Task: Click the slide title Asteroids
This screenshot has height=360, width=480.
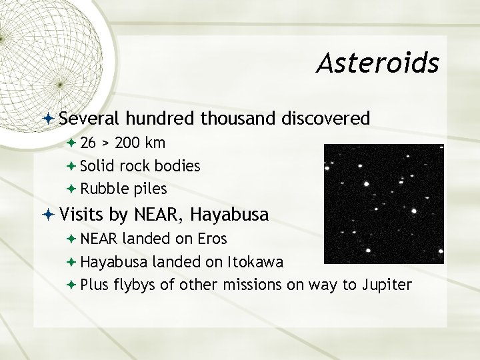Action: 377,63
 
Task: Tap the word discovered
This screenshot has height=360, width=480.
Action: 325,119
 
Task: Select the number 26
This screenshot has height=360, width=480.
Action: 89,143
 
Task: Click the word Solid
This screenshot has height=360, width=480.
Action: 95,165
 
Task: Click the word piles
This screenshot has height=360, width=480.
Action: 150,189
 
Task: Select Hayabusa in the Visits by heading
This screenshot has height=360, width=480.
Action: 229,215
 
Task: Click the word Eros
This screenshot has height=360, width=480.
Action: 212,239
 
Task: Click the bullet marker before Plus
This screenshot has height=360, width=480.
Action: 72,285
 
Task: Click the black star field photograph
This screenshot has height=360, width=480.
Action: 383,203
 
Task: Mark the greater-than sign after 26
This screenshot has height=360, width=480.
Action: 106,143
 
